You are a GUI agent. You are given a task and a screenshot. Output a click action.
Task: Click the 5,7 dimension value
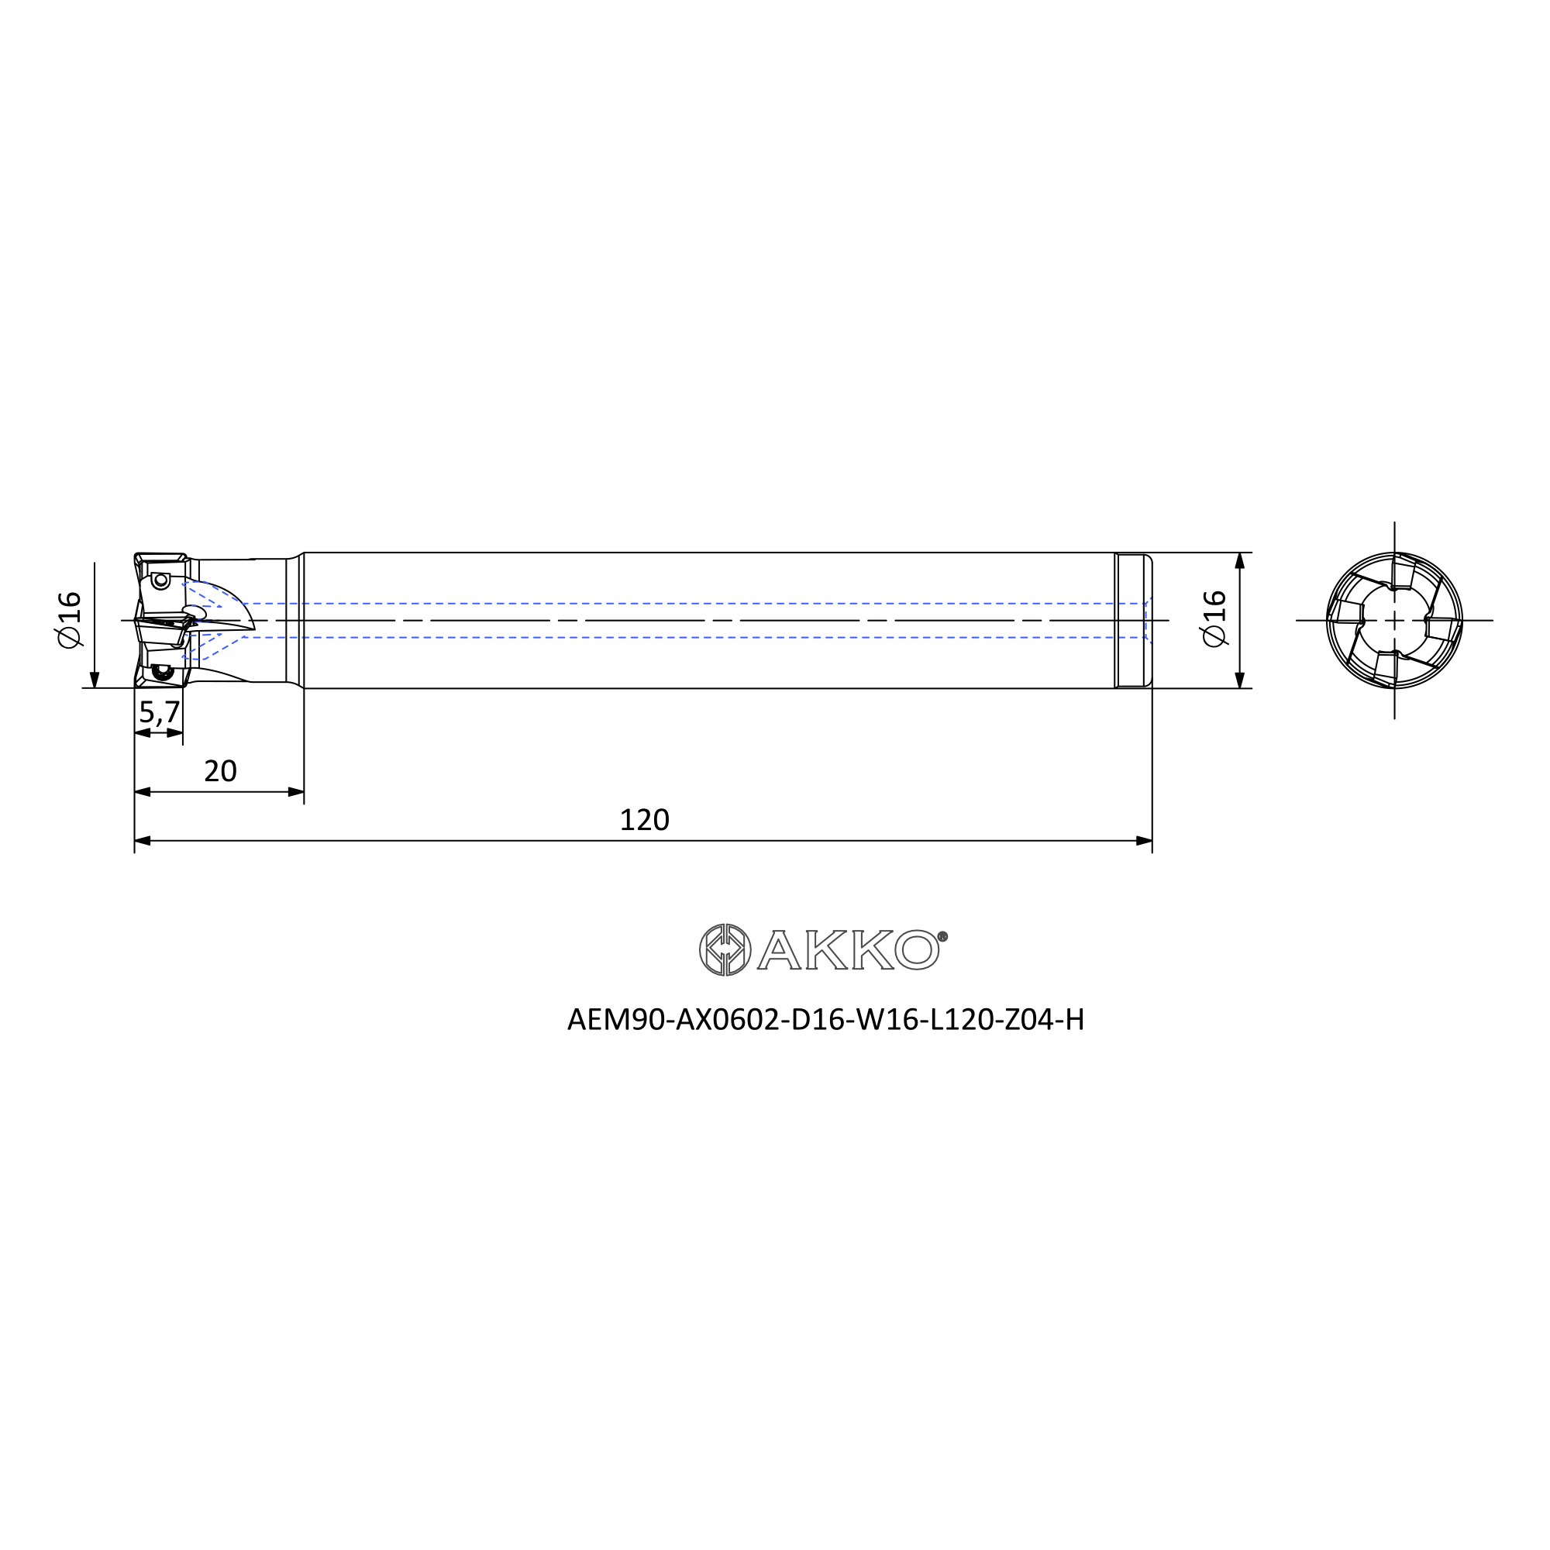tap(159, 711)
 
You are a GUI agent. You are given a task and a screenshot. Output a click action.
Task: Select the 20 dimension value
tap(221, 771)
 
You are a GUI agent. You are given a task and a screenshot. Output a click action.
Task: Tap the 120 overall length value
tap(644, 820)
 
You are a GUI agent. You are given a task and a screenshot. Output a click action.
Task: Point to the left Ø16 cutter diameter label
tap(70, 619)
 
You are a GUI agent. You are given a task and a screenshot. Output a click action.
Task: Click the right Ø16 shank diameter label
tap(1214, 618)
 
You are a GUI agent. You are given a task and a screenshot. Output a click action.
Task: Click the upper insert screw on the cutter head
tap(160, 579)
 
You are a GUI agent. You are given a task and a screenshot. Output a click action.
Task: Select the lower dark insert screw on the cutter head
tap(163, 672)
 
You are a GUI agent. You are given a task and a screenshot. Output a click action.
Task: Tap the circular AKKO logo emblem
tap(725, 950)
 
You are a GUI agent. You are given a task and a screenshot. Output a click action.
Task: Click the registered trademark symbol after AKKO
tap(942, 935)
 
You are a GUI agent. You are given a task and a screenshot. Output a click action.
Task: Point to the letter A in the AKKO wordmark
tap(779, 950)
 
